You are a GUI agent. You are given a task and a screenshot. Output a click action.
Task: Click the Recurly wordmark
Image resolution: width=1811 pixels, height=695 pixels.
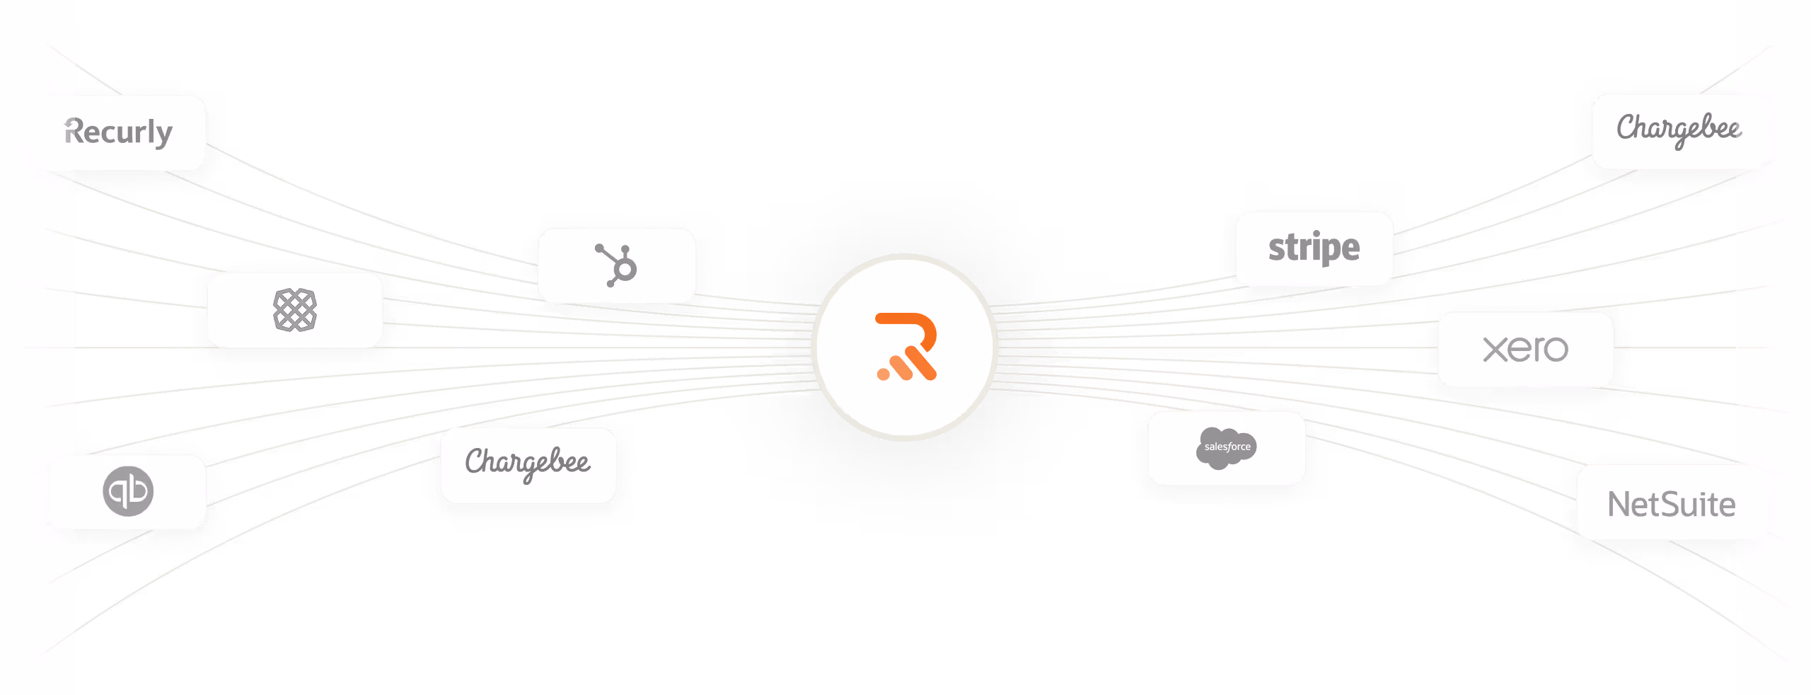[x=118, y=132]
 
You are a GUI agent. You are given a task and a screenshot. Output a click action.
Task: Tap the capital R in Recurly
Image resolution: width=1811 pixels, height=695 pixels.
[x=74, y=131]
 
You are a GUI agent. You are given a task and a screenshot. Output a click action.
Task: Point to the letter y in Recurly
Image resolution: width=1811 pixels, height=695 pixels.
[x=164, y=135]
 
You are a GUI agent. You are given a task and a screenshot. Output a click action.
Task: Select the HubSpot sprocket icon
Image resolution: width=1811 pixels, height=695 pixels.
[x=616, y=265]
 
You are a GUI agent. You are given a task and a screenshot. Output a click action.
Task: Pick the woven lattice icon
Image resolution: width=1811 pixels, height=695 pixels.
[x=295, y=310]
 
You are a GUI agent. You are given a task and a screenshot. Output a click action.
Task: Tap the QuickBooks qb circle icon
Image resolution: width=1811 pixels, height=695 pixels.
[x=128, y=491]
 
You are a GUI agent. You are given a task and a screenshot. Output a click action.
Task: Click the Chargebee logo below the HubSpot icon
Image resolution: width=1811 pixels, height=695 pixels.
[x=528, y=464]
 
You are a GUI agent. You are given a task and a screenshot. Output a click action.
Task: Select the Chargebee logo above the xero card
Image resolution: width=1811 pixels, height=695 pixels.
[x=1679, y=130]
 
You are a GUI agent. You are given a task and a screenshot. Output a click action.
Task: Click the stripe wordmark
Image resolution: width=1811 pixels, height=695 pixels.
[x=1314, y=248]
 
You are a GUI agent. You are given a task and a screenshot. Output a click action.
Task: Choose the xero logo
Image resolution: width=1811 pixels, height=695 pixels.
[x=1526, y=349]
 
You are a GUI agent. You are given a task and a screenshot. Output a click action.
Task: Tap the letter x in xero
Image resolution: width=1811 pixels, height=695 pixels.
[x=1495, y=350]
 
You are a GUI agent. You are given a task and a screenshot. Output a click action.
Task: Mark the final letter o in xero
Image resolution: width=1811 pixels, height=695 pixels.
[x=1555, y=350]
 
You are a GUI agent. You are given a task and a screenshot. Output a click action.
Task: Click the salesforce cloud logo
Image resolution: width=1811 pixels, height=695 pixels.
[x=1227, y=448]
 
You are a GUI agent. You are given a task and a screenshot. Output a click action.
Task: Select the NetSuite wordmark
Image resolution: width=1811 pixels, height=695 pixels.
[x=1672, y=505]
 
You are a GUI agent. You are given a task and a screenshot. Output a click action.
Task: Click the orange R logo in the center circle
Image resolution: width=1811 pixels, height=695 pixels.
[x=906, y=347]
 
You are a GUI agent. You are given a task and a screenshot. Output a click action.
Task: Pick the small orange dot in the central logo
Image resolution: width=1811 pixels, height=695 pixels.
[x=884, y=374]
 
